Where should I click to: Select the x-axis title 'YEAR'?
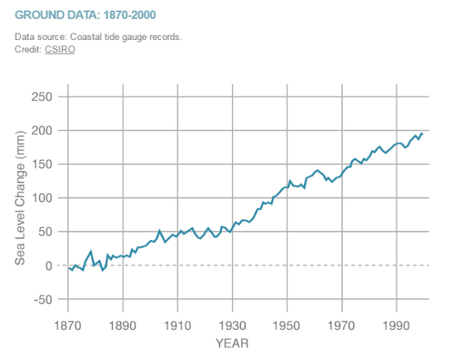tap(232, 343)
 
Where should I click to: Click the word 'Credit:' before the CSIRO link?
tap(29, 49)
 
